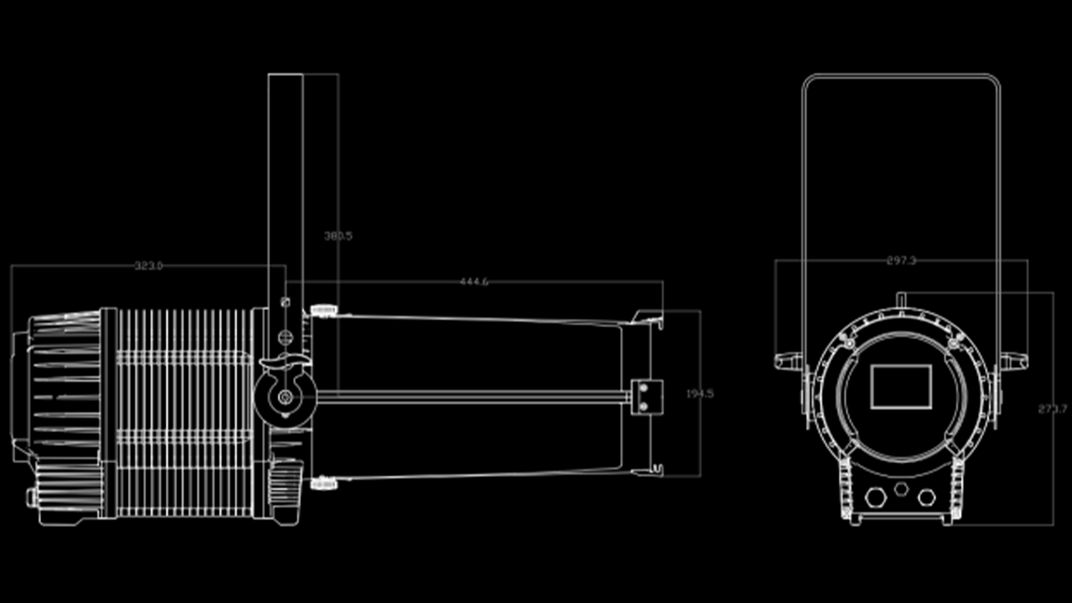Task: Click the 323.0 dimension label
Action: pyautogui.click(x=149, y=266)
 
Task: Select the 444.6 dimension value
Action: pyautogui.click(x=474, y=282)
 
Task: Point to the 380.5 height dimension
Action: pyautogui.click(x=338, y=236)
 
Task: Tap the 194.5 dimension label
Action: pyautogui.click(x=700, y=394)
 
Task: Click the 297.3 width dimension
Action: pyautogui.click(x=901, y=261)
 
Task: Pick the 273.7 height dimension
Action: pyautogui.click(x=1052, y=409)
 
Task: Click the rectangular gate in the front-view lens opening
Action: pyautogui.click(x=901, y=386)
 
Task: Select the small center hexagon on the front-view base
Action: pyautogui.click(x=901, y=489)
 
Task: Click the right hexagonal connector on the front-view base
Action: pyautogui.click(x=927, y=496)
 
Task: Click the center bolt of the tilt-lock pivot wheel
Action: pyautogui.click(x=285, y=397)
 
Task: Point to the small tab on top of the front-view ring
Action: pyautogui.click(x=901, y=299)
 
